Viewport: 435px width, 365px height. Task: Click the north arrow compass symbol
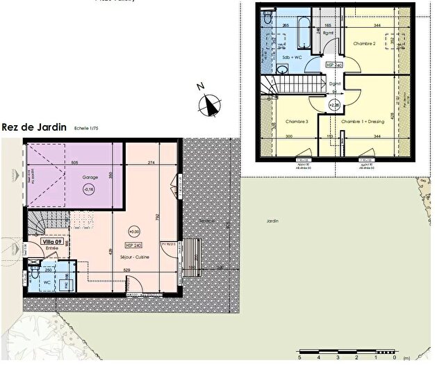point(208,104)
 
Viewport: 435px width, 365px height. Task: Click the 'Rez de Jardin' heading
point(35,127)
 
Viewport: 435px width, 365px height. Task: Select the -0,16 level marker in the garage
point(89,188)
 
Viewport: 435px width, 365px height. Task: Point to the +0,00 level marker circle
point(134,231)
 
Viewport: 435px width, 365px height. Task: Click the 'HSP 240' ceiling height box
point(134,245)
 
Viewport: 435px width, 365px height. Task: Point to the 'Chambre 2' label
point(364,44)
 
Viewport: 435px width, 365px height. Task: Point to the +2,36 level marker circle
point(334,105)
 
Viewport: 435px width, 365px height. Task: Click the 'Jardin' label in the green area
point(272,220)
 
